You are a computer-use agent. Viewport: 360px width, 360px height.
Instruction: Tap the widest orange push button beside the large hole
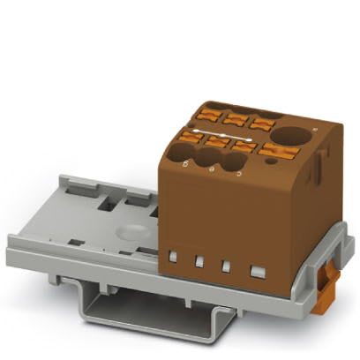(275, 151)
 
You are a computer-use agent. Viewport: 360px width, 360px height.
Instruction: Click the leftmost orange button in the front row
(191, 136)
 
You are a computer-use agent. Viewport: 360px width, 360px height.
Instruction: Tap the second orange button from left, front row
(217, 141)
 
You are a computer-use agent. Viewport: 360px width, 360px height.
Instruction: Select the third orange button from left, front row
(244, 146)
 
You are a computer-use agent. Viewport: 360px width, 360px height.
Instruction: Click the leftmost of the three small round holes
(186, 154)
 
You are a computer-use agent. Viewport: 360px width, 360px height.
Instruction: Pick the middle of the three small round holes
(209, 161)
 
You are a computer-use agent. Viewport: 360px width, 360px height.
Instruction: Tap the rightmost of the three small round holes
(233, 163)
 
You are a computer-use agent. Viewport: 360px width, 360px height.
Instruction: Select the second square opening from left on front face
(200, 260)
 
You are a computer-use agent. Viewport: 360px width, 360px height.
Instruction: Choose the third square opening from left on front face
(227, 265)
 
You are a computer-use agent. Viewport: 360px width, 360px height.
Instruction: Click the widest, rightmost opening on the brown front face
(258, 271)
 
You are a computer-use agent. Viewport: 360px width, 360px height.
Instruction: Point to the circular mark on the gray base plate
(130, 232)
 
